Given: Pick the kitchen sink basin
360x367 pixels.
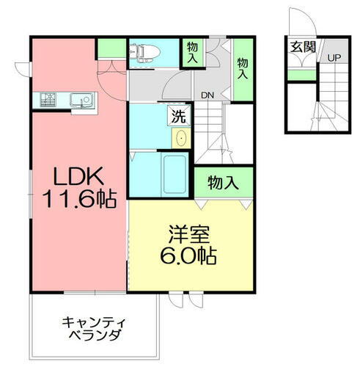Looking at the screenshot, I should [78, 98].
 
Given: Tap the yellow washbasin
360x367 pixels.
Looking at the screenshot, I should [180, 137].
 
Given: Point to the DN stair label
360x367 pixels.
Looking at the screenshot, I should [207, 95].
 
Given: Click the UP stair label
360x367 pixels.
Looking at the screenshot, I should [334, 58].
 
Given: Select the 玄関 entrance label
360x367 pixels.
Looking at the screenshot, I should [302, 47].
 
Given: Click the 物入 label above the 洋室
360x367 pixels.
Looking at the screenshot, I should [223, 183].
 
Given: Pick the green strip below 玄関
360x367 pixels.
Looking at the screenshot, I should [298, 75].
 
